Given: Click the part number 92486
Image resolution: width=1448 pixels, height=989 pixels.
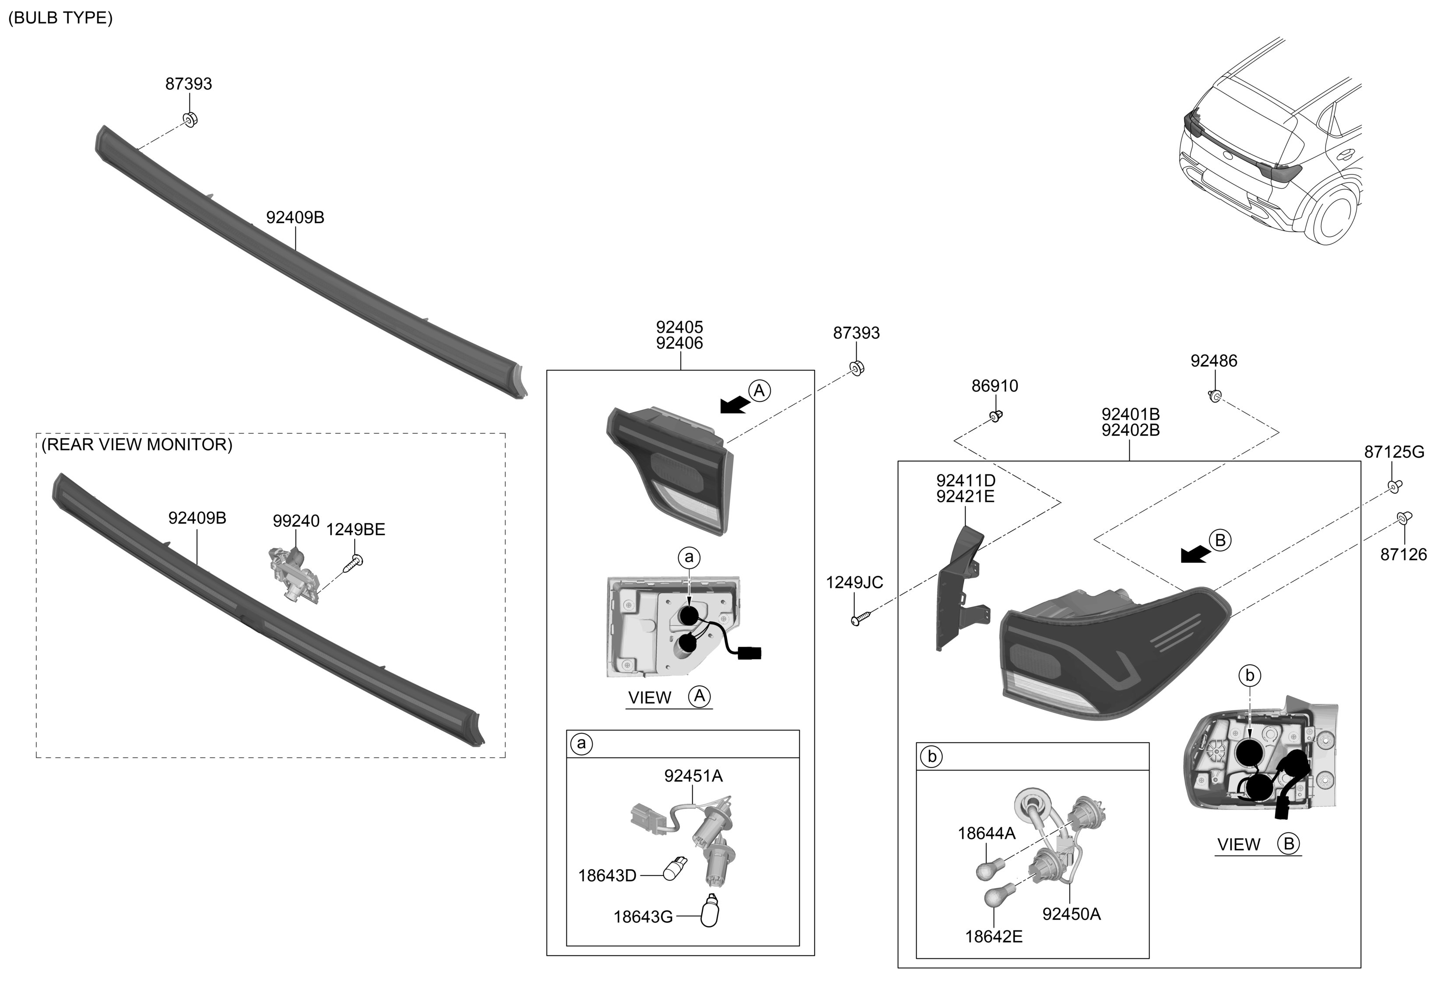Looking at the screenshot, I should [1213, 361].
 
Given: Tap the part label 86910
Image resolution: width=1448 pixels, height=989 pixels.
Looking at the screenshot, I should [995, 386].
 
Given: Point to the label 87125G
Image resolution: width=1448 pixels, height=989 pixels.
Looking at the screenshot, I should [1394, 452].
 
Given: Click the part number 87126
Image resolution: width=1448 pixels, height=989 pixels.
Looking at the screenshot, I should [1403, 554].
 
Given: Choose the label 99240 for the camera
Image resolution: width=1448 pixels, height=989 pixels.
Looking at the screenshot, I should [296, 521].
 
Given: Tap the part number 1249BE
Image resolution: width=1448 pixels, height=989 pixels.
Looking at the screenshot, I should [356, 530].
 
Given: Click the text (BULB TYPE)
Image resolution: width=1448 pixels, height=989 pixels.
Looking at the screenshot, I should [60, 18].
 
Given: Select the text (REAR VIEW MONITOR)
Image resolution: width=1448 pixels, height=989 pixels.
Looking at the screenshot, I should [137, 445].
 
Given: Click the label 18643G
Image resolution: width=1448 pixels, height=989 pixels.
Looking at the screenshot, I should [643, 917].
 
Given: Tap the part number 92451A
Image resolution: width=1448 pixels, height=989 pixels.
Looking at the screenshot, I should [693, 776].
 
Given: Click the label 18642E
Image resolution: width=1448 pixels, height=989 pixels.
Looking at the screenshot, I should [994, 936].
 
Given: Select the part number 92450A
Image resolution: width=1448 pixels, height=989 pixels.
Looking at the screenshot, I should [1071, 914].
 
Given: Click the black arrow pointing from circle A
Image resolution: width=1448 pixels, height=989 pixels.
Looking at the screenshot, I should [735, 405].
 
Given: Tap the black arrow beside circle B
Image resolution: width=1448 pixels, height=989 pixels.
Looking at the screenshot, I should [1195, 554].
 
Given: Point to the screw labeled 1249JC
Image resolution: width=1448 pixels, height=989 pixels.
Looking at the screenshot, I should [859, 619].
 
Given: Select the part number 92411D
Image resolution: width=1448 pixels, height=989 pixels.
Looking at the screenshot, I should [965, 481].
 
